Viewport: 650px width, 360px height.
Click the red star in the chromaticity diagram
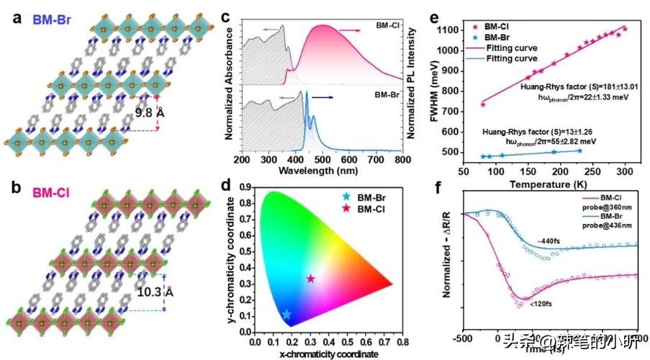311,279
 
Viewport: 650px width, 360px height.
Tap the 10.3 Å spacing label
154,292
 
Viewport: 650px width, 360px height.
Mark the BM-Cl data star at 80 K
482,104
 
